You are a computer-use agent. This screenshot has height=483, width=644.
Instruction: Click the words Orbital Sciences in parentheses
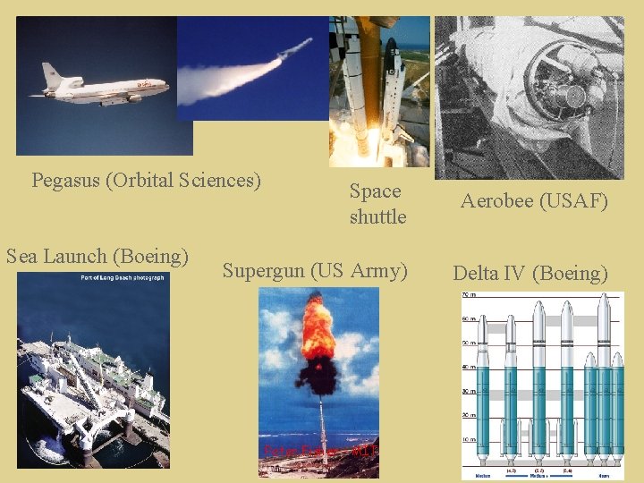click(182, 181)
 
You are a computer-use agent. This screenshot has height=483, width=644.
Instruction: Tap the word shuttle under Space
click(377, 216)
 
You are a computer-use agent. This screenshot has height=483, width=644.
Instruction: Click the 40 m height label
click(468, 368)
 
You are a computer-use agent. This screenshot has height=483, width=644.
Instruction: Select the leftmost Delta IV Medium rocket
click(482, 394)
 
